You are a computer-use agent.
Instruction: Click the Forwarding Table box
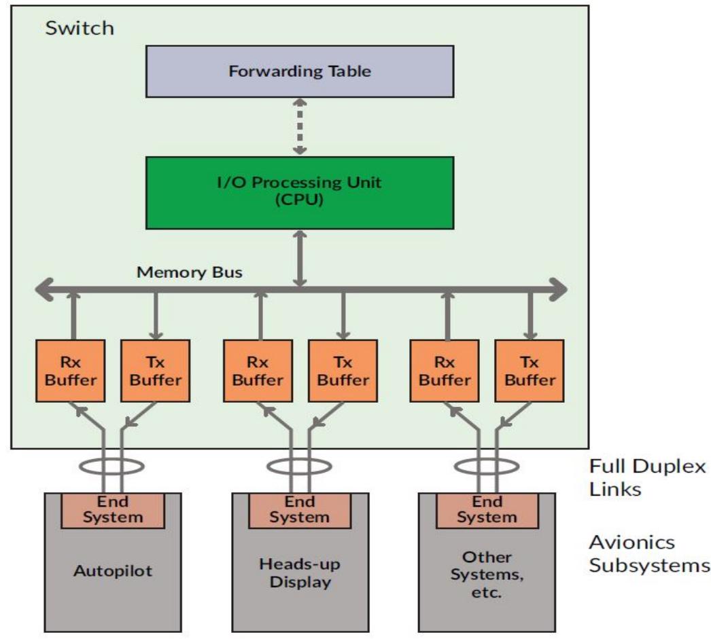(x=300, y=71)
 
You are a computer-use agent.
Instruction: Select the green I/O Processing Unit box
(x=300, y=193)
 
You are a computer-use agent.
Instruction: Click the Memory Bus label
(x=190, y=272)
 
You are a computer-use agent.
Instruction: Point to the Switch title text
(x=80, y=29)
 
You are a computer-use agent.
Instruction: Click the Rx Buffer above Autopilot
(x=71, y=370)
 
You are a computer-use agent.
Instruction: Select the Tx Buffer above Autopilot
(x=156, y=370)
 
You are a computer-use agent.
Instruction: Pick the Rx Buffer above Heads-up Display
(x=258, y=370)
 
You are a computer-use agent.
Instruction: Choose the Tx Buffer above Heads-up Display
(x=343, y=370)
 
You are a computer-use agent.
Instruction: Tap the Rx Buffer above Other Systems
(x=445, y=370)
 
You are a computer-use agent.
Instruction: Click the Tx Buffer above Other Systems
(x=530, y=370)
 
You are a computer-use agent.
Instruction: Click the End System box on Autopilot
(x=113, y=510)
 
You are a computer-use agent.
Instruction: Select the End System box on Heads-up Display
(x=300, y=510)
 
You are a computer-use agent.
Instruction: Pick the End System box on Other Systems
(x=487, y=510)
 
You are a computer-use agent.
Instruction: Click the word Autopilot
(x=113, y=570)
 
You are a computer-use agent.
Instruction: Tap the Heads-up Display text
(x=300, y=572)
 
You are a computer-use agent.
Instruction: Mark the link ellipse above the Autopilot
(x=113, y=467)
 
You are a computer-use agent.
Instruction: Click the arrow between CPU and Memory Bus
(x=300, y=258)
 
